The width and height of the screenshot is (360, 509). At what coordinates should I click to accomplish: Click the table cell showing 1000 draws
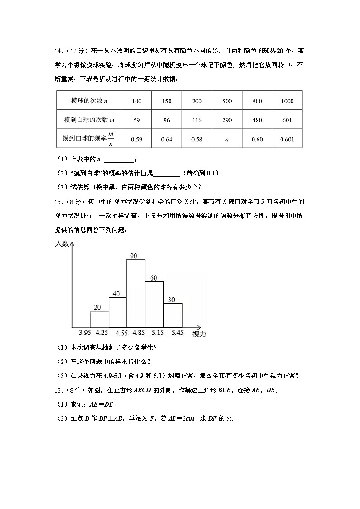click(287, 101)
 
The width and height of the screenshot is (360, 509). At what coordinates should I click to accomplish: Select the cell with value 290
click(227, 120)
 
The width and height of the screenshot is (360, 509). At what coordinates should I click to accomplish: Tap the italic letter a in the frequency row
click(227, 139)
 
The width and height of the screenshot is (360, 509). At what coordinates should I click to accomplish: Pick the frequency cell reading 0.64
click(166, 139)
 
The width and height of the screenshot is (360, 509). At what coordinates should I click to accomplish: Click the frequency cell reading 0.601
click(287, 139)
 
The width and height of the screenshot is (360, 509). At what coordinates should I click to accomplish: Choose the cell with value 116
click(197, 120)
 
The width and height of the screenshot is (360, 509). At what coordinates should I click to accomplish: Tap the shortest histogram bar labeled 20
click(99, 320)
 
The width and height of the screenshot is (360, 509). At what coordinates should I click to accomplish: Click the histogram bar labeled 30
click(173, 315)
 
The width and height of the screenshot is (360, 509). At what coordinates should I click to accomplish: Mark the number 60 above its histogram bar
click(153, 278)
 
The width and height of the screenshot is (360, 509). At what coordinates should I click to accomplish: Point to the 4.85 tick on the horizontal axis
click(138, 333)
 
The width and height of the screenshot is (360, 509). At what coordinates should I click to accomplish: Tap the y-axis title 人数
click(63, 244)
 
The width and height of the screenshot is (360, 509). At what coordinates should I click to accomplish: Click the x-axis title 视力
click(199, 334)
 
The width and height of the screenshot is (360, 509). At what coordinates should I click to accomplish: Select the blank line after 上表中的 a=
click(120, 159)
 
